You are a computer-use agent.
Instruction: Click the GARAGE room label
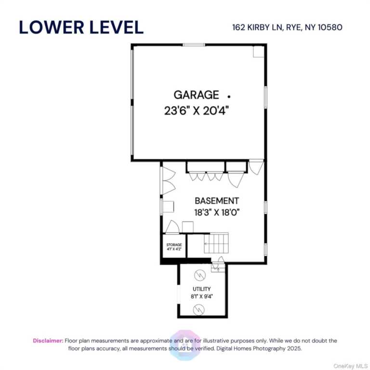pos(196,95)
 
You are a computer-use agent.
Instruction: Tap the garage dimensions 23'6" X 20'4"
pos(196,110)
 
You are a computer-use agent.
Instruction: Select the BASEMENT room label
pos(216,201)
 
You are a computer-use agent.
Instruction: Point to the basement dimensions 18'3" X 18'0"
pos(216,211)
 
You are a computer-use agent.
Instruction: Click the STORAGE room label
pos(174,245)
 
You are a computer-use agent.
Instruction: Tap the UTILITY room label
pos(201,289)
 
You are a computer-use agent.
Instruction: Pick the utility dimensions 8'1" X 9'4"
pos(201,297)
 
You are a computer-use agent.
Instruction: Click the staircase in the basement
pos(215,243)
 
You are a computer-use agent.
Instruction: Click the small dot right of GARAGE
pos(229,96)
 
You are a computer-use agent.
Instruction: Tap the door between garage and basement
pos(256,167)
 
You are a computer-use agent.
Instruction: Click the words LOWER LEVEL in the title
pos(81,27)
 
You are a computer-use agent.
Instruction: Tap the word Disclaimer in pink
pos(48,341)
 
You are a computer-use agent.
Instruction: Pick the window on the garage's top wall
pos(194,45)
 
